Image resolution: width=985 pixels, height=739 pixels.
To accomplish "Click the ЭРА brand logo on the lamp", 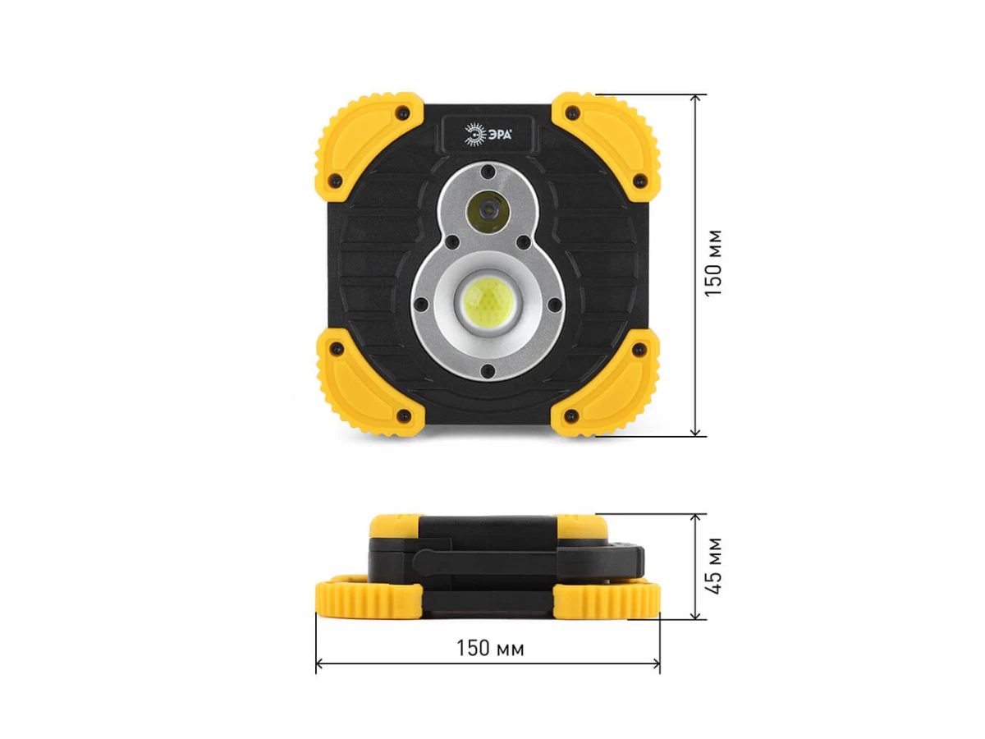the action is point(488,134).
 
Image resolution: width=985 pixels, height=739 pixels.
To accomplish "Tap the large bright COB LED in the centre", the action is point(488,302).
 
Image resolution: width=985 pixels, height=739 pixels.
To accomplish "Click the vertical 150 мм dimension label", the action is point(712,263).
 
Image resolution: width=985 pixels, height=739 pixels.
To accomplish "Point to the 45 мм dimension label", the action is point(712,566).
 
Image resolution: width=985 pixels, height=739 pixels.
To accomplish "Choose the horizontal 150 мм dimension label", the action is point(489,648).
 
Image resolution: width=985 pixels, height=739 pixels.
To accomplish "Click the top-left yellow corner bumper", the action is point(369,147).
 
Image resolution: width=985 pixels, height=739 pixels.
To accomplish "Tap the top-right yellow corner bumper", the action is point(606,147).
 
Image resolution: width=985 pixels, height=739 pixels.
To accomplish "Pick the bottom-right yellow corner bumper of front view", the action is point(605,383).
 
